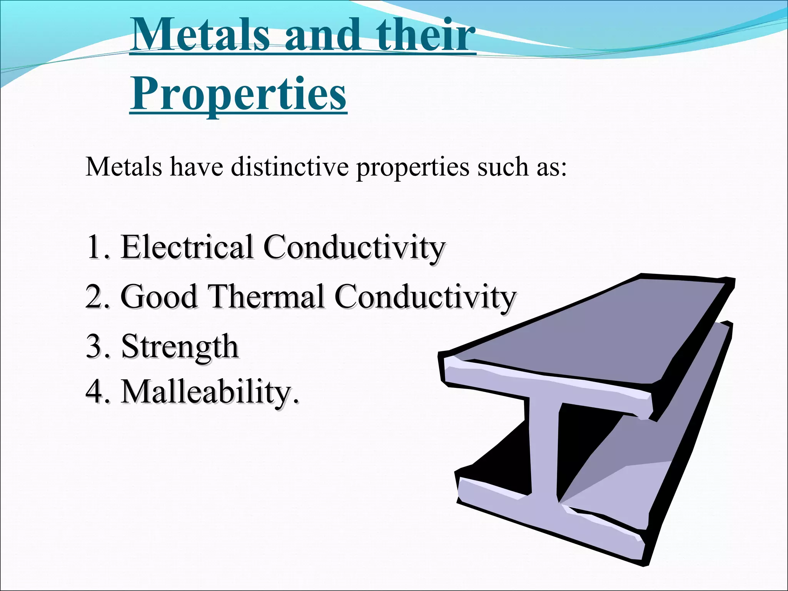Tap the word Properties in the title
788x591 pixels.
tap(238, 94)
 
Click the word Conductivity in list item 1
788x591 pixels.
tap(354, 247)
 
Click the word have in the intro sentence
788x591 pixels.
tap(197, 167)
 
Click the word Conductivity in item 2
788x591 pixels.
tap(425, 297)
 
